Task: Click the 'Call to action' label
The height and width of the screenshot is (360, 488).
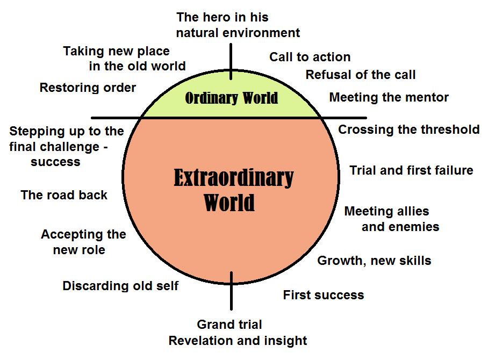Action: [310, 57]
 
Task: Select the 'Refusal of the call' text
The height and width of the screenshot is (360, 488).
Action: [361, 75]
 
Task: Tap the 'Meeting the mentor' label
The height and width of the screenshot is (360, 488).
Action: [389, 97]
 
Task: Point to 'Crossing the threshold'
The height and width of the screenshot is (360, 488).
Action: [408, 129]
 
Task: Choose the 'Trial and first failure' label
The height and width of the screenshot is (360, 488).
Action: [411, 170]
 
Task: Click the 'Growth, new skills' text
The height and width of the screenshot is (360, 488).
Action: [374, 261]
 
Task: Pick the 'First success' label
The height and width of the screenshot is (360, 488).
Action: [324, 295]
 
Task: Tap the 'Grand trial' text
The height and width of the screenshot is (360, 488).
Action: [229, 325]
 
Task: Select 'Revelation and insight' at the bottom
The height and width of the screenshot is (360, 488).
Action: [238, 341]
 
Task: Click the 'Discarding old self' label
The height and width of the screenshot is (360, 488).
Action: [120, 286]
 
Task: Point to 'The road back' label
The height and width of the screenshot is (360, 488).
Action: [64, 195]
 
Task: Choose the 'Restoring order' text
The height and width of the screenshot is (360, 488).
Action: [88, 88]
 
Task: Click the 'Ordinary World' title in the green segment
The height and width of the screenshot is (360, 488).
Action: [231, 98]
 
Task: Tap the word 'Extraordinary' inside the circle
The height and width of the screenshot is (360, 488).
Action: [233, 178]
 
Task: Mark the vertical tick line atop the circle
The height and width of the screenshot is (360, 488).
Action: [231, 62]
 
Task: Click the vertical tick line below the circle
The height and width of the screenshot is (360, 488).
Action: [231, 291]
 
